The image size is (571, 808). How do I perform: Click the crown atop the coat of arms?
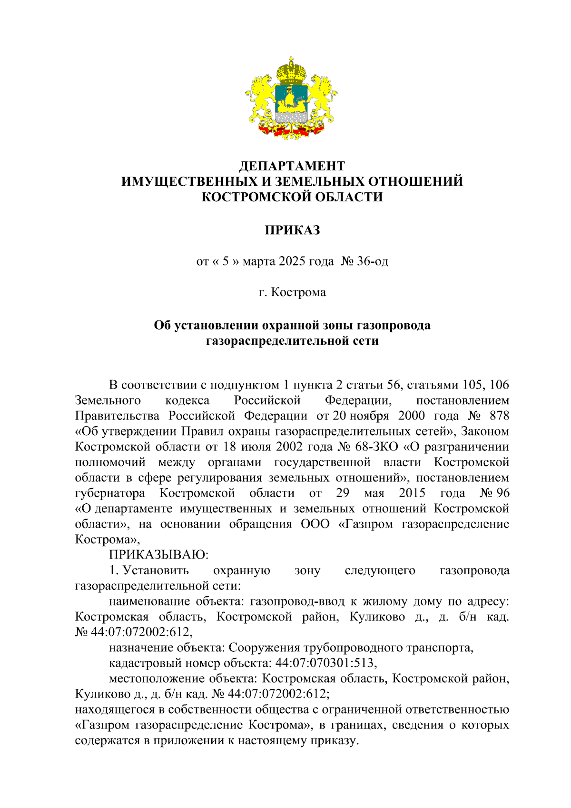pyautogui.click(x=291, y=71)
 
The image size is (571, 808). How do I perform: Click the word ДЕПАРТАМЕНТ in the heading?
pyautogui.click(x=292, y=166)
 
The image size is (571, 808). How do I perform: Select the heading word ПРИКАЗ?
pyautogui.click(x=292, y=230)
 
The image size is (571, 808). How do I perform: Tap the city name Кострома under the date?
pyautogui.click(x=298, y=292)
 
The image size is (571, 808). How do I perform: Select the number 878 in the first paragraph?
pyautogui.click(x=499, y=416)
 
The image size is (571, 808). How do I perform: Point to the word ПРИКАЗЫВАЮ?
pyautogui.click(x=159, y=555)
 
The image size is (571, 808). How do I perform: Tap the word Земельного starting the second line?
pyautogui.click(x=108, y=400)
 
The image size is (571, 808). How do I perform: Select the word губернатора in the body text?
pyautogui.click(x=110, y=493)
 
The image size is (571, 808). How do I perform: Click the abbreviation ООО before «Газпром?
pyautogui.click(x=315, y=524)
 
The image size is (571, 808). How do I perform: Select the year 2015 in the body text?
pyautogui.click(x=412, y=493)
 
